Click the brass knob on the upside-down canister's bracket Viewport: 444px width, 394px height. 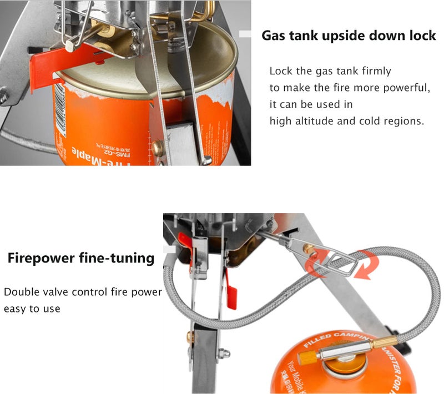click(158, 147)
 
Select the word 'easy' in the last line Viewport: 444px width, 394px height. click(14, 309)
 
